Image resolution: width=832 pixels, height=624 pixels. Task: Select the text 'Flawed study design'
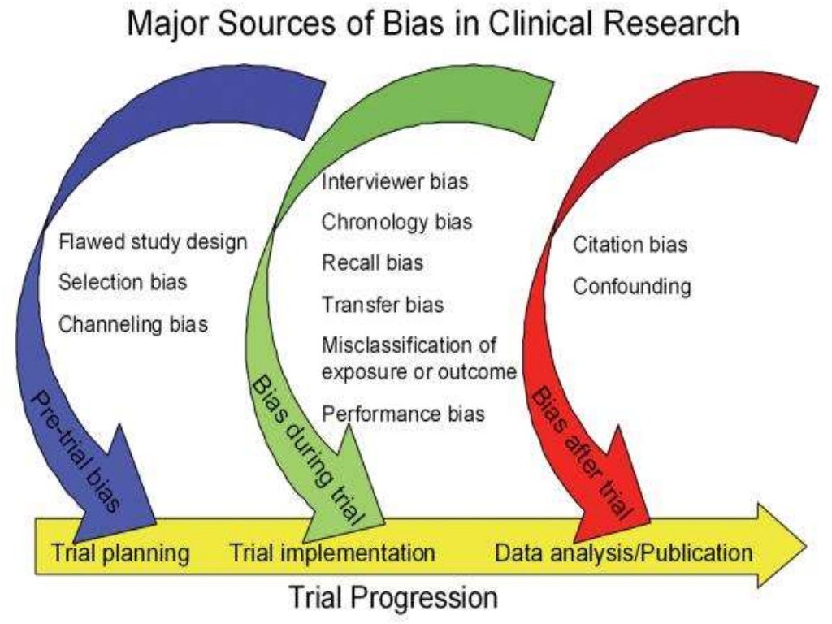click(153, 242)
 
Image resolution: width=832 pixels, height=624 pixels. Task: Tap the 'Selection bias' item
click(123, 282)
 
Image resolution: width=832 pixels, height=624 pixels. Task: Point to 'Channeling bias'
click(133, 323)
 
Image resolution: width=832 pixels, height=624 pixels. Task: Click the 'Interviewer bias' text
click(395, 181)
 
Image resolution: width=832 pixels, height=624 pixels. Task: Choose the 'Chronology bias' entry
click(397, 221)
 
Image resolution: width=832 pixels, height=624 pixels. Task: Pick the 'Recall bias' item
click(372, 263)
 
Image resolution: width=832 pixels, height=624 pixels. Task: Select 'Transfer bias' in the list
click(383, 305)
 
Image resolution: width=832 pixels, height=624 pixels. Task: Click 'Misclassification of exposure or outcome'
click(419, 358)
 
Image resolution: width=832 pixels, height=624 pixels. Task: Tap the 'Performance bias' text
click(404, 414)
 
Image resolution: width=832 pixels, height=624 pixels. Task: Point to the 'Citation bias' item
click(630, 244)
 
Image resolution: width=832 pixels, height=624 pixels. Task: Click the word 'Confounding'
click(632, 286)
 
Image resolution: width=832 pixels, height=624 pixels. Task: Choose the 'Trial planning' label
click(120, 553)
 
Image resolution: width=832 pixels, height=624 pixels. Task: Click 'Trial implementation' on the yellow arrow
click(332, 553)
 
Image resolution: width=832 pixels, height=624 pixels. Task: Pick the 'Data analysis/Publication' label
click(623, 553)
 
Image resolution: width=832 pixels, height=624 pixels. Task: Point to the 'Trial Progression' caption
click(393, 599)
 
